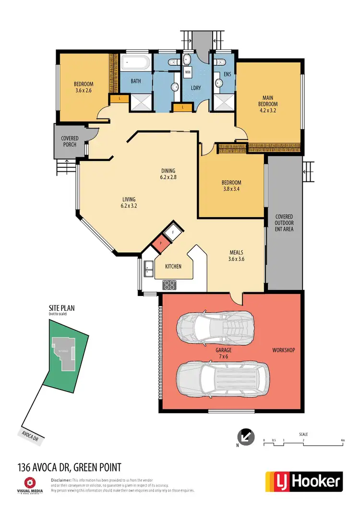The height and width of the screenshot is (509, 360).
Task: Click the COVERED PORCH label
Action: [x=70, y=142]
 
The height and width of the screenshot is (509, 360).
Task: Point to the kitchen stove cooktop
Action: [x=169, y=284]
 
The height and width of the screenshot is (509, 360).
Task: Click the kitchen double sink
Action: [x=148, y=269]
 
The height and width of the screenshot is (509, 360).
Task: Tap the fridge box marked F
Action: [x=171, y=232]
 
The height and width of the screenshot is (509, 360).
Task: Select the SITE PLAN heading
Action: [x=62, y=308]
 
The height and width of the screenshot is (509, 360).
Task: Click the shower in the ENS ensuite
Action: [x=222, y=102]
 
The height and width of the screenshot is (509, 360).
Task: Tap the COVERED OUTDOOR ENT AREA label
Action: [x=284, y=223]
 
